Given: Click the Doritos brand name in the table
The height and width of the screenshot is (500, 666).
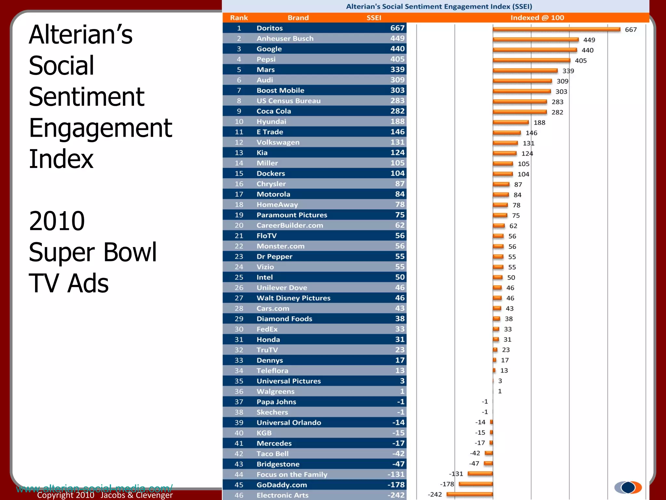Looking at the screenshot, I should coord(270,28).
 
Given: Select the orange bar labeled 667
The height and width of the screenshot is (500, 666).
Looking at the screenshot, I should coord(556,29).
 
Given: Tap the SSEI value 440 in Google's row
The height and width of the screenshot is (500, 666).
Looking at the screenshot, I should coord(397,49).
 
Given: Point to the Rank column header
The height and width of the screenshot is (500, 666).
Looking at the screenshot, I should coord(239,18).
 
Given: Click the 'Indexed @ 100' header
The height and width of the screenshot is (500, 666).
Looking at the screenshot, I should coord(537,18).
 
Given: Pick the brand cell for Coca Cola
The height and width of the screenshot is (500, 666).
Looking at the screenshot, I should coord(273,111).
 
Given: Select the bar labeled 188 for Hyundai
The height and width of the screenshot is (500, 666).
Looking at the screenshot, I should coord(511,122).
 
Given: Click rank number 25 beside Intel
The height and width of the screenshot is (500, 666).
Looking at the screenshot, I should coord(239,277).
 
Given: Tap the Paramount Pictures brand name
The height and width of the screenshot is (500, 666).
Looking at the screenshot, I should coord(292,215).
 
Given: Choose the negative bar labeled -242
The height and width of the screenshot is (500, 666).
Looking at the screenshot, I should coord(470,494).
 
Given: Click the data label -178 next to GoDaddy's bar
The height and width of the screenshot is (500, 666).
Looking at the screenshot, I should coord(447,484).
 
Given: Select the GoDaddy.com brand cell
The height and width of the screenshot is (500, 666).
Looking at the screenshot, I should coord(282,485).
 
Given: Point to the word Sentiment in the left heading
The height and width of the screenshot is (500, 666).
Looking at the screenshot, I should coord(87,97).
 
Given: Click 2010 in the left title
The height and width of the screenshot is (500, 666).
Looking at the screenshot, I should coord(57,221).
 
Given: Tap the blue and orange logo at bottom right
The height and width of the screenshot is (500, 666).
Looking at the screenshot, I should coord(628,487).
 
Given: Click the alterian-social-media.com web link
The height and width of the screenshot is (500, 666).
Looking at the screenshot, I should coord(94,488).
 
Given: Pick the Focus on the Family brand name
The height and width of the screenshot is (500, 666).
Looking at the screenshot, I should coord(292,475).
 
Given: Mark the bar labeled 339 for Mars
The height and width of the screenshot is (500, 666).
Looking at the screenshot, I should coord(525,71).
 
